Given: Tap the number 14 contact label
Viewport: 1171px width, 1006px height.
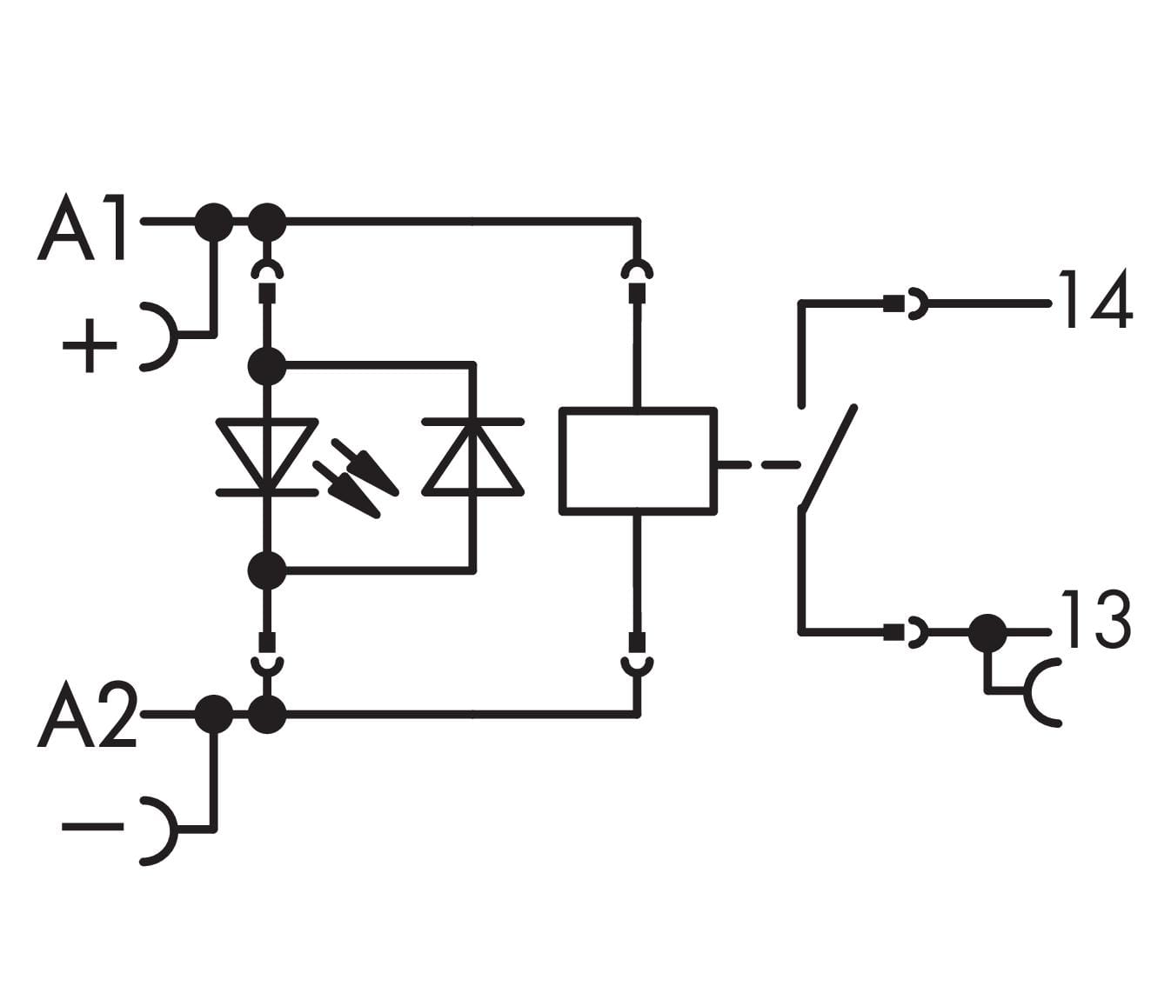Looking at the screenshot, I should (1094, 299).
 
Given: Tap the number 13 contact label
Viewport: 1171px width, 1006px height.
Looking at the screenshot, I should (1094, 619).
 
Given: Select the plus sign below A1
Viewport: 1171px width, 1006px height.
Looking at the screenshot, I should (89, 345).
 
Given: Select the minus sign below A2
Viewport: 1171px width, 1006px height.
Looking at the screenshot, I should (92, 826).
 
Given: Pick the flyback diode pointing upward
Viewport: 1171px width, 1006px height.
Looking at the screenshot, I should (473, 456).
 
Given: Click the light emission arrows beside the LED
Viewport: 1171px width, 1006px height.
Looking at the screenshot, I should (357, 478).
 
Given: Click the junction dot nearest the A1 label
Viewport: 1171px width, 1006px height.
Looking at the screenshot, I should (213, 222).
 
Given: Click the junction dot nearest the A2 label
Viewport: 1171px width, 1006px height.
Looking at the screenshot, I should (213, 715).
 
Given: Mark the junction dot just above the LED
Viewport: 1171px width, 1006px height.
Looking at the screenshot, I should (266, 366).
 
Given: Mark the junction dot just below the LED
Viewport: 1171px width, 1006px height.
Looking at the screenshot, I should (266, 570).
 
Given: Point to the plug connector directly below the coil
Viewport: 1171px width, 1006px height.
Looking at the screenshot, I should (639, 655).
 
